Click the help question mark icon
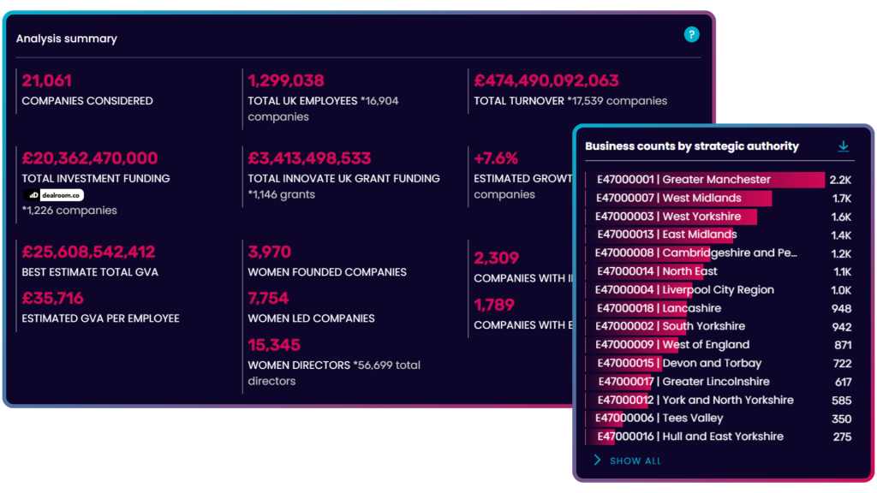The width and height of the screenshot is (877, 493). coord(692,35)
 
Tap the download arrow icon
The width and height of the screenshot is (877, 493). coord(844,146)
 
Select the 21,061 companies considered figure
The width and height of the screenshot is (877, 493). coord(47,81)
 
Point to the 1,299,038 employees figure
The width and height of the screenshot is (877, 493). coord(286,81)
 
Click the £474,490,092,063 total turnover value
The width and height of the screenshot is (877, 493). coord(546,81)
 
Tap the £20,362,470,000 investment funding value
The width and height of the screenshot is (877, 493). coord(90,158)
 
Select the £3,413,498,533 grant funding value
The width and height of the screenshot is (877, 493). coord(310,158)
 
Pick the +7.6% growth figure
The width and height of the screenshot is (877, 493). coord(496,158)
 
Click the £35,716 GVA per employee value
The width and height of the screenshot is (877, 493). coord(53,299)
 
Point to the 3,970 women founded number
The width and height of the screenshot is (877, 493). coord(270,252)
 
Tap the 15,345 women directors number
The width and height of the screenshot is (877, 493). coord(274,345)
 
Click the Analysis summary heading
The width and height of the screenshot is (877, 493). coord(67,39)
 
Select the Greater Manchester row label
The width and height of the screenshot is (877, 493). coord(683,180)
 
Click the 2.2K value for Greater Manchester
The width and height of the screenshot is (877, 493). coord(840,181)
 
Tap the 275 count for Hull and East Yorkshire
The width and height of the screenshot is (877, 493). coord(842,437)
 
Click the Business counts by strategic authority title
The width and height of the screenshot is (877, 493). coord(692,146)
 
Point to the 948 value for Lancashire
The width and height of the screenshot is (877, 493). coord(841,308)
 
